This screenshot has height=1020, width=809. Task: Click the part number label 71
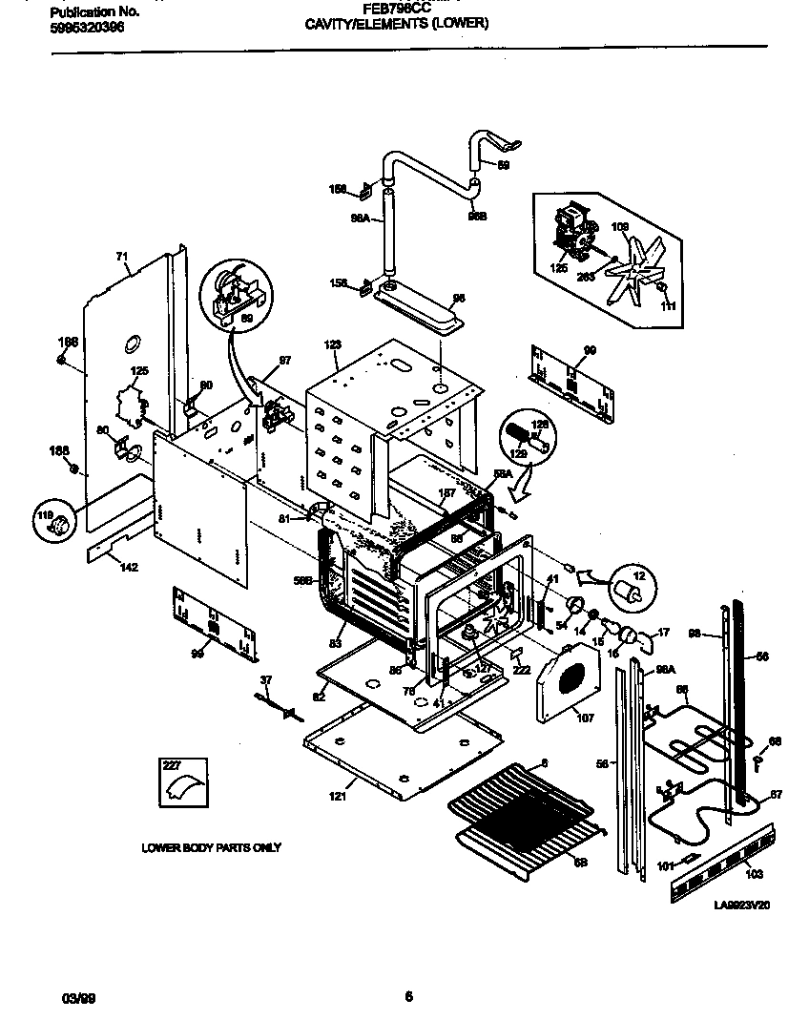121,256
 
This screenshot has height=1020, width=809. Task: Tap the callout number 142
129,568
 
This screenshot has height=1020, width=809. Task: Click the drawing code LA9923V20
741,905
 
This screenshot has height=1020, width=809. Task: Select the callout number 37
266,679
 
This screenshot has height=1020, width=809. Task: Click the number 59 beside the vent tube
504,164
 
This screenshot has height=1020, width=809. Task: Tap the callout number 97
283,360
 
